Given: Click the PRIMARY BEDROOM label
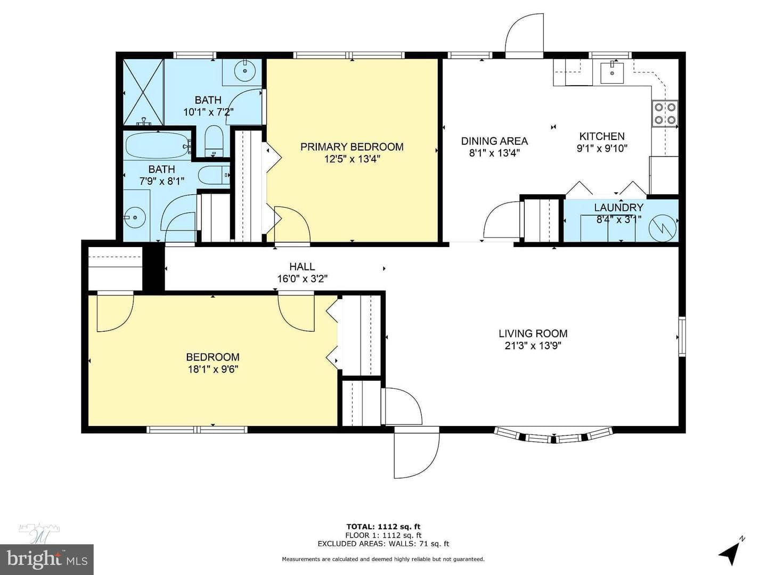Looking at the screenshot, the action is (352, 146).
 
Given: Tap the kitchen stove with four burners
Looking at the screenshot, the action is (664, 113).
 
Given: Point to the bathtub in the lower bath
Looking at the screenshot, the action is (158, 145).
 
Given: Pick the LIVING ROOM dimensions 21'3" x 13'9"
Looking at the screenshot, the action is (533, 346).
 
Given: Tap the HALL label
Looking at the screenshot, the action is (302, 267).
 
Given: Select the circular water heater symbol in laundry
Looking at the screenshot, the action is (663, 229).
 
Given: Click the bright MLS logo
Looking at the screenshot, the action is (46, 559).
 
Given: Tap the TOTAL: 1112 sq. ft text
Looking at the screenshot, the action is (383, 527).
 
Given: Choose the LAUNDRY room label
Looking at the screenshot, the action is (618, 208).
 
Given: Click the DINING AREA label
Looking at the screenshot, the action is (494, 141).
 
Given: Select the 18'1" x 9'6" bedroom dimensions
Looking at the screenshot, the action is (213, 369).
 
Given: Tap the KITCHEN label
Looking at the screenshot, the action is (602, 136).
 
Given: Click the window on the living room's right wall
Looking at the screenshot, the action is (682, 336).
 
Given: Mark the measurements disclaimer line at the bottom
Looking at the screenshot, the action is (383, 559).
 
